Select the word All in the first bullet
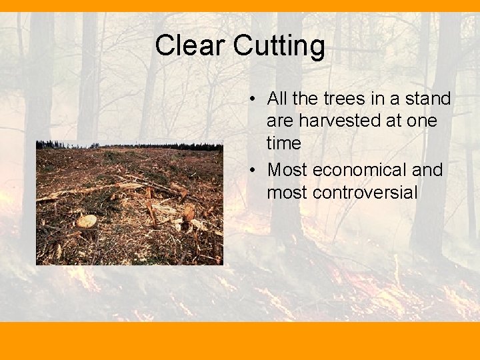[x=277, y=99]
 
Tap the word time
[x=284, y=143]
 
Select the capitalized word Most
[x=287, y=170]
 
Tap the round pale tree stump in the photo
[x=87, y=221]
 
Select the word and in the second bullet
[x=427, y=170]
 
